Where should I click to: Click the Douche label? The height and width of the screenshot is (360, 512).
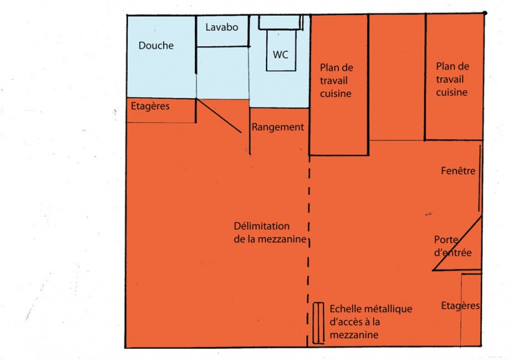pyautogui.click(x=156, y=46)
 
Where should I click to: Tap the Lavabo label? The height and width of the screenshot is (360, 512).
pyautogui.click(x=222, y=27)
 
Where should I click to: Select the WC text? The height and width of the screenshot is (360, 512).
pyautogui.click(x=280, y=54)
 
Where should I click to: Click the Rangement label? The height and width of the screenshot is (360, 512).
pyautogui.click(x=278, y=127)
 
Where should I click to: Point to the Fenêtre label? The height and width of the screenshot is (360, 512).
pyautogui.click(x=458, y=171)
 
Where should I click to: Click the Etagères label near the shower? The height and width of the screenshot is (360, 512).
pyautogui.click(x=150, y=106)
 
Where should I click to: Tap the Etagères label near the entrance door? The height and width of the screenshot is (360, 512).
pyautogui.click(x=460, y=306)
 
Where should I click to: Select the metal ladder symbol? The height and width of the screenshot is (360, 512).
pyautogui.click(x=318, y=323)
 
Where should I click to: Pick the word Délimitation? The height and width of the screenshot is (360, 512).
pyautogui.click(x=262, y=226)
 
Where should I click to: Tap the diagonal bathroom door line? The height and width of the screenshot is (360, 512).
pyautogui.click(x=219, y=116)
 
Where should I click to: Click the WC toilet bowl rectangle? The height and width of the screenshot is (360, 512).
pyautogui.click(x=281, y=50)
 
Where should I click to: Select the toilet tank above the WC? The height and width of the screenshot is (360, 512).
pyautogui.click(x=280, y=22)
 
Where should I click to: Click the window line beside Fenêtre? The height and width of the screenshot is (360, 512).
pyautogui.click(x=480, y=179)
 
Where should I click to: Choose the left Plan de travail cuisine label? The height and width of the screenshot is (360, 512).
pyautogui.click(x=337, y=81)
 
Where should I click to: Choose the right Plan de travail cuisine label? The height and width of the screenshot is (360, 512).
pyautogui.click(x=453, y=79)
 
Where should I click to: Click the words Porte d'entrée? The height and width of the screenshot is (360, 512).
pyautogui.click(x=453, y=246)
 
